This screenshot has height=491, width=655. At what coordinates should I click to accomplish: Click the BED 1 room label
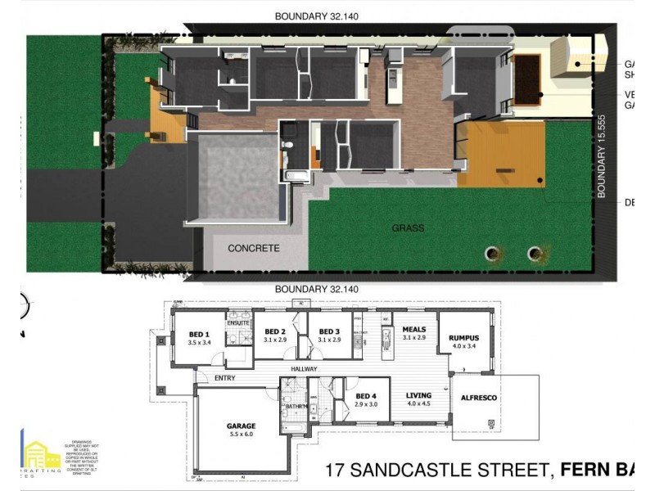point(200,334)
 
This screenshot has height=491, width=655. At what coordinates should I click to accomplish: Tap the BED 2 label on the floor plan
point(274,331)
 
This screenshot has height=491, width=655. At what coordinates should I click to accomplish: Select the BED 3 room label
point(327,331)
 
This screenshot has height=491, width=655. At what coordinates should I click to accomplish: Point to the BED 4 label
point(365,395)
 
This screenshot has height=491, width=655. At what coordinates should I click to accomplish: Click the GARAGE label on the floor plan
point(241,426)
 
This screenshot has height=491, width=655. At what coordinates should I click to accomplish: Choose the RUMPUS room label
point(463,337)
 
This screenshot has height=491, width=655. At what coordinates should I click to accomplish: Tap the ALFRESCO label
point(479,398)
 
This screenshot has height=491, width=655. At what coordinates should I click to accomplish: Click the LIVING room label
point(418,394)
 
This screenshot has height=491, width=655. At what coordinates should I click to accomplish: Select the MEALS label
point(414,329)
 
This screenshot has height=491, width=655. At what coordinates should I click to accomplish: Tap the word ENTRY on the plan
point(225,378)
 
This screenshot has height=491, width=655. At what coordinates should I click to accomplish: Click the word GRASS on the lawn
point(407,228)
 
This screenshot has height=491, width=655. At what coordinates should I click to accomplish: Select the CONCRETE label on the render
point(253,248)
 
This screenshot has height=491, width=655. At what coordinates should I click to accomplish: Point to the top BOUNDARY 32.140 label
point(316,16)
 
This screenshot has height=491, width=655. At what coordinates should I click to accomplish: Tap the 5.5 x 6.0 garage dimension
point(241,435)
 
